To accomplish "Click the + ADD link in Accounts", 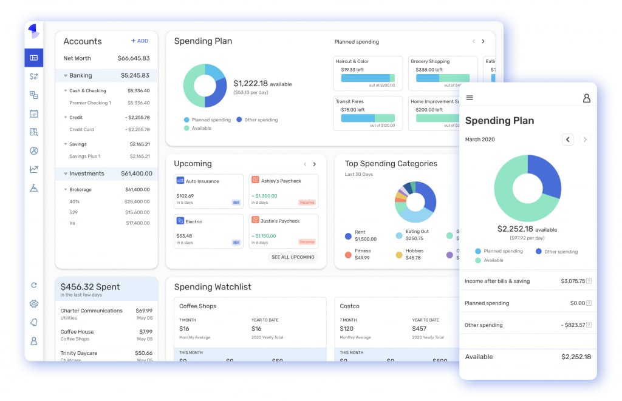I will (x=140, y=41).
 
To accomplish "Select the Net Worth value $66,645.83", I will (x=133, y=58).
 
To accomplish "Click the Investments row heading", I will (x=86, y=174).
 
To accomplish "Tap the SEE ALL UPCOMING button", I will (x=293, y=257).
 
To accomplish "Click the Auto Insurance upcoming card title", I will (x=202, y=181).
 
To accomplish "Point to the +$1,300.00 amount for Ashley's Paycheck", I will (x=265, y=196).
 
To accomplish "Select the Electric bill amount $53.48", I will (x=184, y=236).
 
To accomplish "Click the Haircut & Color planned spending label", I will (x=352, y=61).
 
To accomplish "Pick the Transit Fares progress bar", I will (x=367, y=118).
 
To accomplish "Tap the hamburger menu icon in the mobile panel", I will (x=470, y=98).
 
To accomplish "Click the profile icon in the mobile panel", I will (x=586, y=98).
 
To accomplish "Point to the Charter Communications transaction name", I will (x=91, y=311).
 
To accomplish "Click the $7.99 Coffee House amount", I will (x=145, y=332).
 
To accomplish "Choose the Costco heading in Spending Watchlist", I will (x=350, y=306).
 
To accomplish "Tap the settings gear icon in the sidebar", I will (x=34, y=304).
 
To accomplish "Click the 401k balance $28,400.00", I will (x=137, y=201).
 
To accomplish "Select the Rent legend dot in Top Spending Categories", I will (x=348, y=236).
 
